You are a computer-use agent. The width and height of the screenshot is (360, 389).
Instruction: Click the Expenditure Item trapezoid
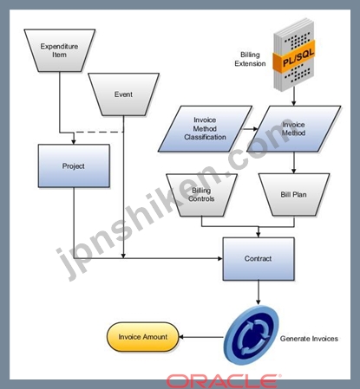point(60,50)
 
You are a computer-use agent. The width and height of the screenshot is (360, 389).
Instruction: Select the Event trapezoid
point(123,94)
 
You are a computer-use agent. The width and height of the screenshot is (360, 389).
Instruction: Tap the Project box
point(74,166)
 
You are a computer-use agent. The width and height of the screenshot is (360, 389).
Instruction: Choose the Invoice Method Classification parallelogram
point(205,129)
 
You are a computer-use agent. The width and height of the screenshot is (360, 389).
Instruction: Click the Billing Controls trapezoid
point(201,195)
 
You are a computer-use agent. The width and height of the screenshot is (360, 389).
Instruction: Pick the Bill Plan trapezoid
point(294,195)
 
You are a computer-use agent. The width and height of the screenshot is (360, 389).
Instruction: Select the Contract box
point(259,259)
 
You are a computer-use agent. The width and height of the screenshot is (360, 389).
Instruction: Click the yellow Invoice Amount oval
point(143,337)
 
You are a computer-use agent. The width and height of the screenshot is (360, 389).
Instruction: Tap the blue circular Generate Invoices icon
point(252,335)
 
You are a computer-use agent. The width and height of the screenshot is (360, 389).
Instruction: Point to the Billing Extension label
point(250,59)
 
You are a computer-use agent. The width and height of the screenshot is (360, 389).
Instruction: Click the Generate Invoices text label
point(309,339)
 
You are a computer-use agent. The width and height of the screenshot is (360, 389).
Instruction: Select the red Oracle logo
point(224,381)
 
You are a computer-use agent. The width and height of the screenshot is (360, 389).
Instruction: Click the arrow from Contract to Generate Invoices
point(259,293)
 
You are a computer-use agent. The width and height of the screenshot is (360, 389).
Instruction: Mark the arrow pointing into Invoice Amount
point(201,337)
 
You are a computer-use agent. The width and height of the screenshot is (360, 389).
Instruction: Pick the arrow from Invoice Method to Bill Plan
point(294,163)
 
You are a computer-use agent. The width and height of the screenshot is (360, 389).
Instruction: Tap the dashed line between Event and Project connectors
point(99,133)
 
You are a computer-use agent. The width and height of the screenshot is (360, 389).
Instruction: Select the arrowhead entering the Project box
point(74,142)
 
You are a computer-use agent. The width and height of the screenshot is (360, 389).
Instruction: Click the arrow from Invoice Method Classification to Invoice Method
point(250,129)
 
